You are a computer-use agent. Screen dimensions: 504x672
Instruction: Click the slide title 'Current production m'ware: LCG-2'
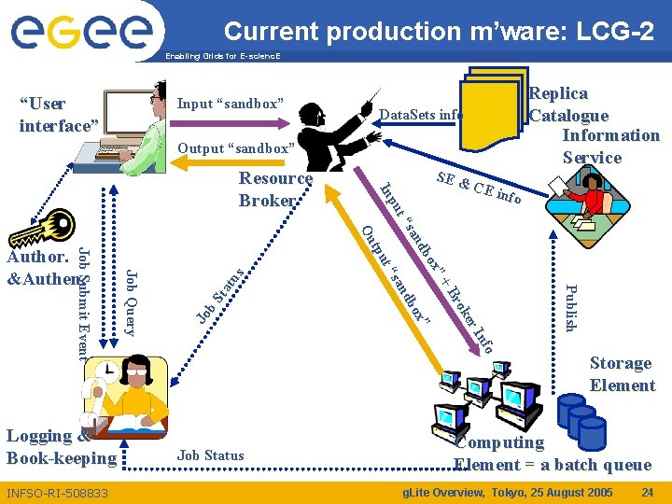pyautogui.click(x=439, y=31)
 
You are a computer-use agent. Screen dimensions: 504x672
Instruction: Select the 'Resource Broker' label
pyautogui.click(x=274, y=189)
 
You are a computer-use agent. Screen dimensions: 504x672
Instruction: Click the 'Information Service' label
pyautogui.click(x=610, y=146)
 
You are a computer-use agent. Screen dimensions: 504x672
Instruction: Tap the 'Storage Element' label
pyautogui.click(x=622, y=373)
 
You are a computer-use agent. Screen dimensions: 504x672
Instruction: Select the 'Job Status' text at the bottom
pyautogui.click(x=211, y=455)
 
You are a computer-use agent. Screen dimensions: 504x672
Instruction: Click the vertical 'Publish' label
pyautogui.click(x=572, y=306)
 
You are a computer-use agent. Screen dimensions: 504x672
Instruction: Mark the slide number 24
pyautogui.click(x=647, y=492)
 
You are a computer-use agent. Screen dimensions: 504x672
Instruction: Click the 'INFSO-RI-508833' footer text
pyautogui.click(x=58, y=493)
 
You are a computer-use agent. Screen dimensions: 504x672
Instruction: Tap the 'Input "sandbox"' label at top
pyautogui.click(x=230, y=103)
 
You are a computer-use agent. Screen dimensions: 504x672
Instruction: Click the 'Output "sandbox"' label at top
pyautogui.click(x=235, y=148)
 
